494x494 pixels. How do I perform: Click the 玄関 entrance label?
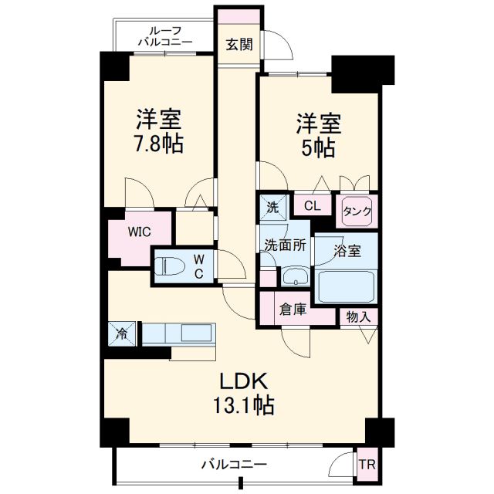point(239,44)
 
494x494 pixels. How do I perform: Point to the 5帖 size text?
point(319,147)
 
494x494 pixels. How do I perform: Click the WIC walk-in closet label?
point(140,232)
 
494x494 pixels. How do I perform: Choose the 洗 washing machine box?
point(272,206)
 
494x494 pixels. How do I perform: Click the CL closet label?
point(312,205)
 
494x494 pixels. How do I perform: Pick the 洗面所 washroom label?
point(285,246)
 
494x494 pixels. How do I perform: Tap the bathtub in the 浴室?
point(347,286)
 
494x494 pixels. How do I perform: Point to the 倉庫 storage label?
point(293,310)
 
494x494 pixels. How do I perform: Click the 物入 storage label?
point(358,316)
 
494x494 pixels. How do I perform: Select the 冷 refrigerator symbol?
point(123,333)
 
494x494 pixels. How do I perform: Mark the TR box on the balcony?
point(366,465)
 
